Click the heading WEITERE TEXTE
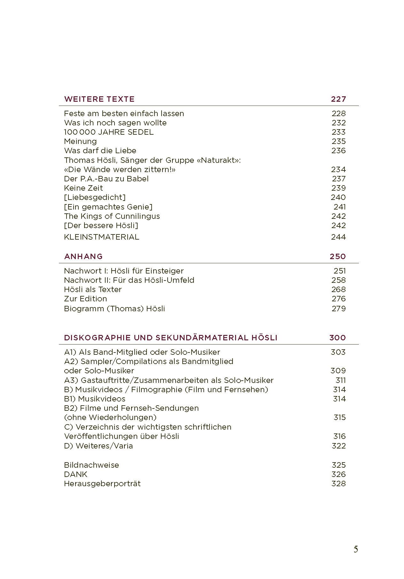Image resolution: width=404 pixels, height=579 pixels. point(99,99)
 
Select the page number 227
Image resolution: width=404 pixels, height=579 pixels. point(338,99)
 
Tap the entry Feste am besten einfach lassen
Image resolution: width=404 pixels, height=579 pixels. point(124,114)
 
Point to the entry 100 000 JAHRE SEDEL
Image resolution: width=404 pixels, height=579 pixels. point(109,132)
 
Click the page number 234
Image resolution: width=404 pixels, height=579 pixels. point(338,170)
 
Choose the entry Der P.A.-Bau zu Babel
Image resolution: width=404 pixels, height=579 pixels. point(106,179)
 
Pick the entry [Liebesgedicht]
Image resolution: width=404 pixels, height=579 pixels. point(95,197)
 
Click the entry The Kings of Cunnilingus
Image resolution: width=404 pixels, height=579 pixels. point(112,216)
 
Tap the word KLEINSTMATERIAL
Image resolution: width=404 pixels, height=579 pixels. point(101,237)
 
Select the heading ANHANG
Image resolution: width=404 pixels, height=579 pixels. point(83,257)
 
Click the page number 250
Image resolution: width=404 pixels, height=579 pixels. point(338,257)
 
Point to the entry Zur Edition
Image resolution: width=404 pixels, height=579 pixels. point(85,299)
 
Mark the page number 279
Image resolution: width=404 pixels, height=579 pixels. point(338,309)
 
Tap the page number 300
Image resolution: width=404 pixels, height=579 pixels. point(337,338)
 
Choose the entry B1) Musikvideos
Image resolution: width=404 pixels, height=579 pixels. point(95,399)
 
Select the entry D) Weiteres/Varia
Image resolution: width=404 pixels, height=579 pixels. point(98,446)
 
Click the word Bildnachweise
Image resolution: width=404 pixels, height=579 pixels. point(91,465)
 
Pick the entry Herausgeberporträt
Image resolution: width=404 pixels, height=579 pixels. point(102,484)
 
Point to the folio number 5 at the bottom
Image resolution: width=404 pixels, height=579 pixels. point(356,550)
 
